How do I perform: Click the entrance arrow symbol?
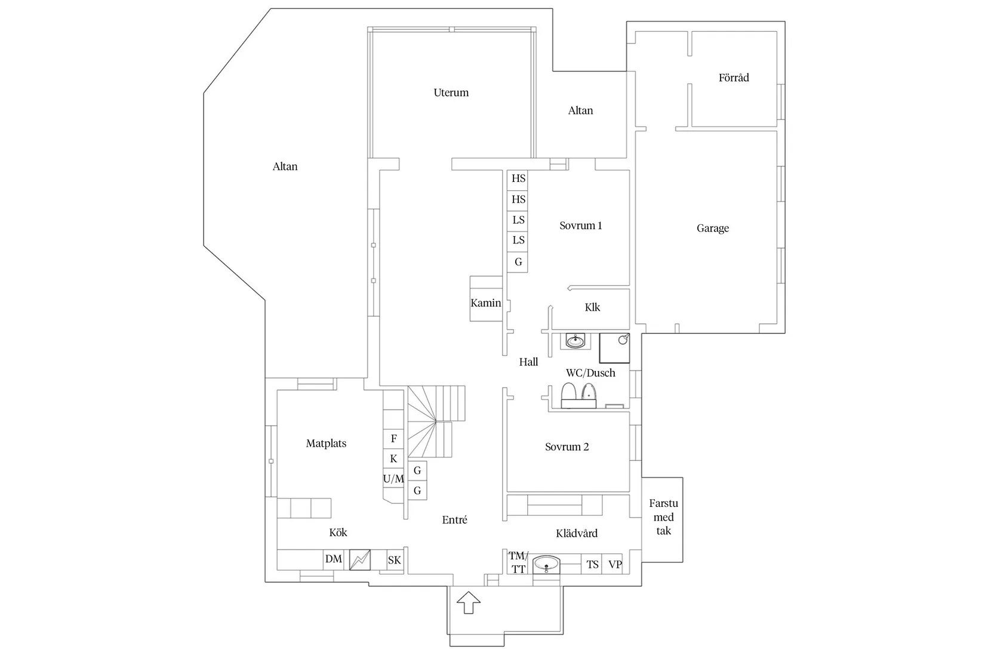click(468, 602)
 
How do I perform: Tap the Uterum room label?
click(451, 92)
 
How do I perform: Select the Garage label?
click(713, 228)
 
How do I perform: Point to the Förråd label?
click(734, 78)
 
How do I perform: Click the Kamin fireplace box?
click(486, 298)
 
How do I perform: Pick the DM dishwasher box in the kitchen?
click(334, 559)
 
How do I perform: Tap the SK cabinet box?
click(395, 560)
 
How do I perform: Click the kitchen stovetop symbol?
click(360, 560)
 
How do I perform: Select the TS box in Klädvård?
click(592, 564)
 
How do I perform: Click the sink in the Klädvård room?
click(546, 565)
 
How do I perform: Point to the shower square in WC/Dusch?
click(614, 348)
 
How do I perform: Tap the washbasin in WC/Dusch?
click(575, 341)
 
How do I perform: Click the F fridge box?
click(393, 438)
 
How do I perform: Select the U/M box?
click(393, 479)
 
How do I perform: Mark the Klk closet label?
click(592, 308)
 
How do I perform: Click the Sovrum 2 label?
click(567, 447)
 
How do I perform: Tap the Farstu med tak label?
click(664, 517)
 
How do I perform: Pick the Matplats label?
click(327, 443)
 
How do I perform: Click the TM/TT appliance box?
click(518, 562)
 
